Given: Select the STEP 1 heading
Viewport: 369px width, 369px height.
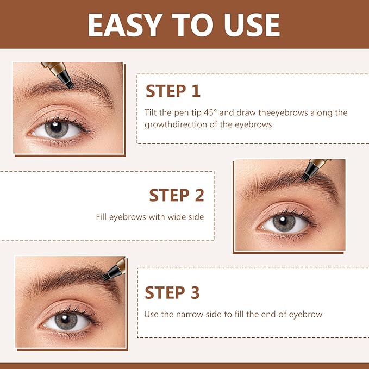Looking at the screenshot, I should click(x=173, y=91).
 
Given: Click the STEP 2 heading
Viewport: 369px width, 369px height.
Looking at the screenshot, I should click(x=177, y=195).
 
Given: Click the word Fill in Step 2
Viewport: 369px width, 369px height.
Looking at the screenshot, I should click(x=102, y=217).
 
